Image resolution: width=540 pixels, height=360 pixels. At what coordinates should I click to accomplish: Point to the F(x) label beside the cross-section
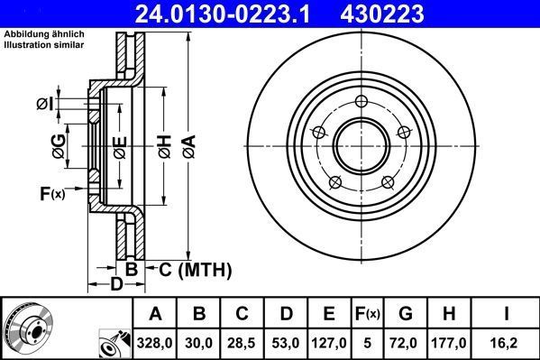(52, 193)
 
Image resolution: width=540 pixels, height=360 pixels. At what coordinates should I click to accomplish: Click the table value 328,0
(155, 344)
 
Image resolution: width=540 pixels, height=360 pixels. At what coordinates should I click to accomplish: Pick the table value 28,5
(243, 344)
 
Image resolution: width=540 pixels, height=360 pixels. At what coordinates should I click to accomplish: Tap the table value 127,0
(328, 344)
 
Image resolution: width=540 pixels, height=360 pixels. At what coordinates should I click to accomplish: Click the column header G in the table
(405, 315)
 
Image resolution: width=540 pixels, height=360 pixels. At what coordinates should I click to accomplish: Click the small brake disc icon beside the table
(29, 328)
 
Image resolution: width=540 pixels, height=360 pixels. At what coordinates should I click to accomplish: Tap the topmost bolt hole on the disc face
(362, 101)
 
